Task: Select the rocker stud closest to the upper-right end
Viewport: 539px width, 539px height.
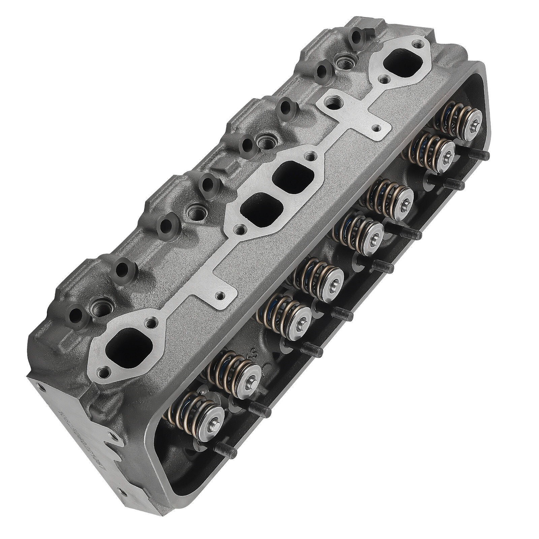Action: pos(480,155)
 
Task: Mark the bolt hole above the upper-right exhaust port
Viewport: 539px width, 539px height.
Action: pos(418,44)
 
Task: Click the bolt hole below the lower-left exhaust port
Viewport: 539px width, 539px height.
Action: pos(103,373)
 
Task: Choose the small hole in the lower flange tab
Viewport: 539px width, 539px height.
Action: pos(220,295)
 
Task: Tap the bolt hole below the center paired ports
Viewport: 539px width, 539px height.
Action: pos(240,230)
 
